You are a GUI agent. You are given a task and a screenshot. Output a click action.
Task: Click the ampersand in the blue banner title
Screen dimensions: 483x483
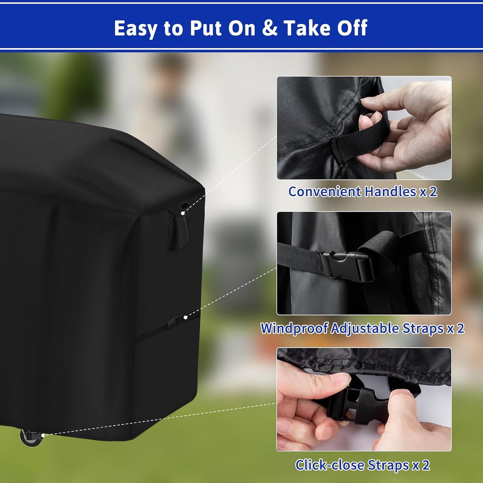(x=269, y=28)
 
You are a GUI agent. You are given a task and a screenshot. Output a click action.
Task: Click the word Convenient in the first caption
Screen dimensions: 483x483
(x=325, y=192)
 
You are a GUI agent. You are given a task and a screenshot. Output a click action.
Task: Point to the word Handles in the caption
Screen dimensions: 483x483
(x=390, y=192)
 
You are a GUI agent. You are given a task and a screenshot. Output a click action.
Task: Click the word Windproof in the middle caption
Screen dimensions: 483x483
(x=294, y=328)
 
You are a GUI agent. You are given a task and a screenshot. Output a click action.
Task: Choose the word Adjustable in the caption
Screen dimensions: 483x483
(x=365, y=328)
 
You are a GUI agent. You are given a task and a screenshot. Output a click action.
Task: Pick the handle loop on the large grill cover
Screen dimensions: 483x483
(x=178, y=226)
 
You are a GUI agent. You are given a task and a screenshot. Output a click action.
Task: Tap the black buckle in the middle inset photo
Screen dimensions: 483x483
(x=348, y=267)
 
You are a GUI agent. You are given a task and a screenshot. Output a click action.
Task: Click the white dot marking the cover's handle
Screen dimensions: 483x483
(x=183, y=213)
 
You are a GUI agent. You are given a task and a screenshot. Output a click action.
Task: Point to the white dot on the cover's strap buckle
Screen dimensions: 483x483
(x=186, y=317)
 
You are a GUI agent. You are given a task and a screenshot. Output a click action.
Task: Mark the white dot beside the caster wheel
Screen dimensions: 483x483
(x=43, y=436)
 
